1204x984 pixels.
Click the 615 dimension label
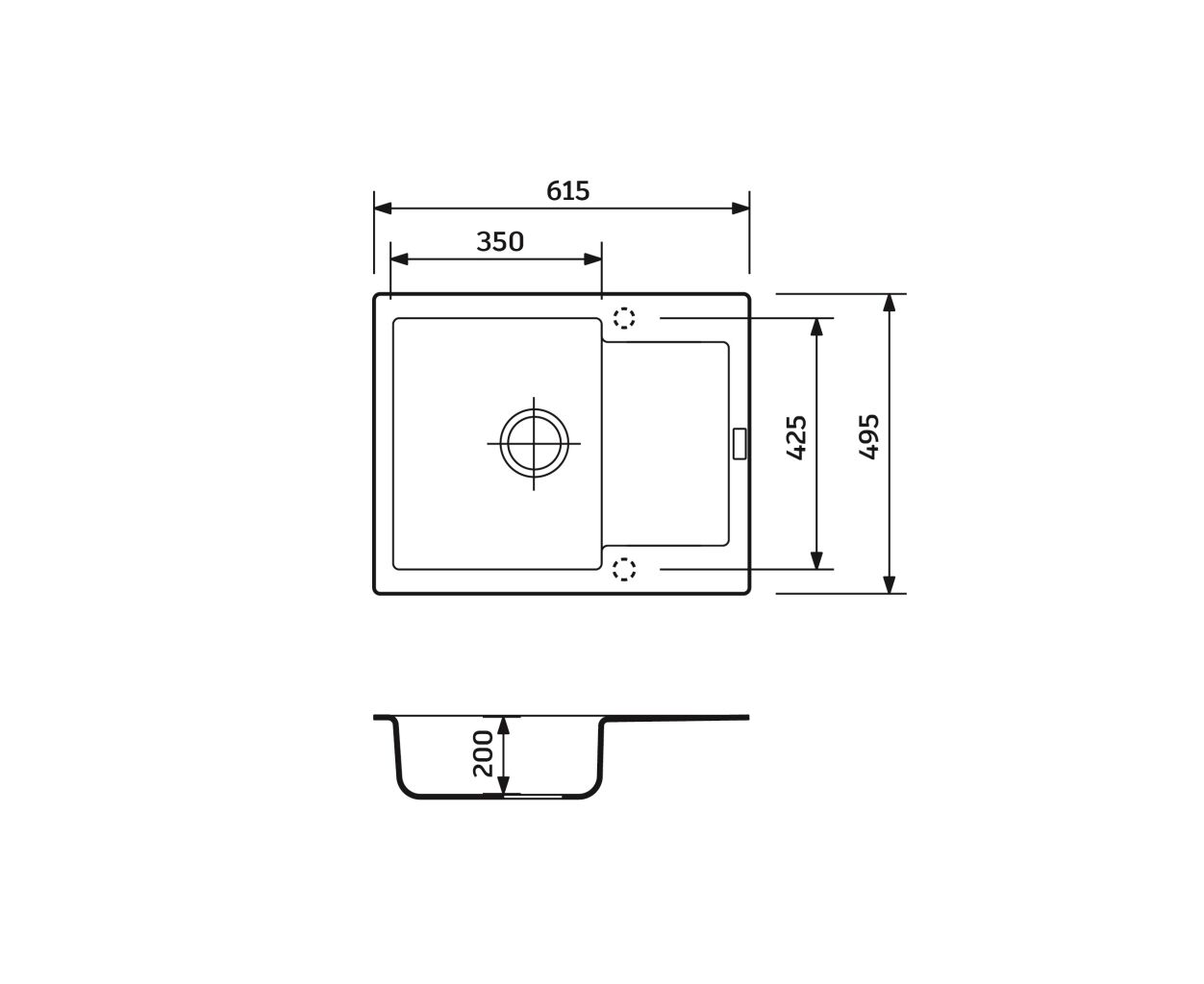click(x=567, y=190)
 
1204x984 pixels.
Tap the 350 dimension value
click(x=500, y=242)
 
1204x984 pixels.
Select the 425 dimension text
click(x=797, y=437)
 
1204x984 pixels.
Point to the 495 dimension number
click(x=869, y=437)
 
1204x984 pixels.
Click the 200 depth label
click(x=483, y=753)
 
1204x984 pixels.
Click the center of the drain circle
click(x=534, y=443)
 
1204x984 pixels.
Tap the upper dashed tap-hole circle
click(x=624, y=318)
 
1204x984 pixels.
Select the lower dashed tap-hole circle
click(x=624, y=569)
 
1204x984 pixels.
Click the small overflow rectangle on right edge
click(x=740, y=443)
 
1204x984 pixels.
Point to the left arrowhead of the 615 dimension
click(x=383, y=209)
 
